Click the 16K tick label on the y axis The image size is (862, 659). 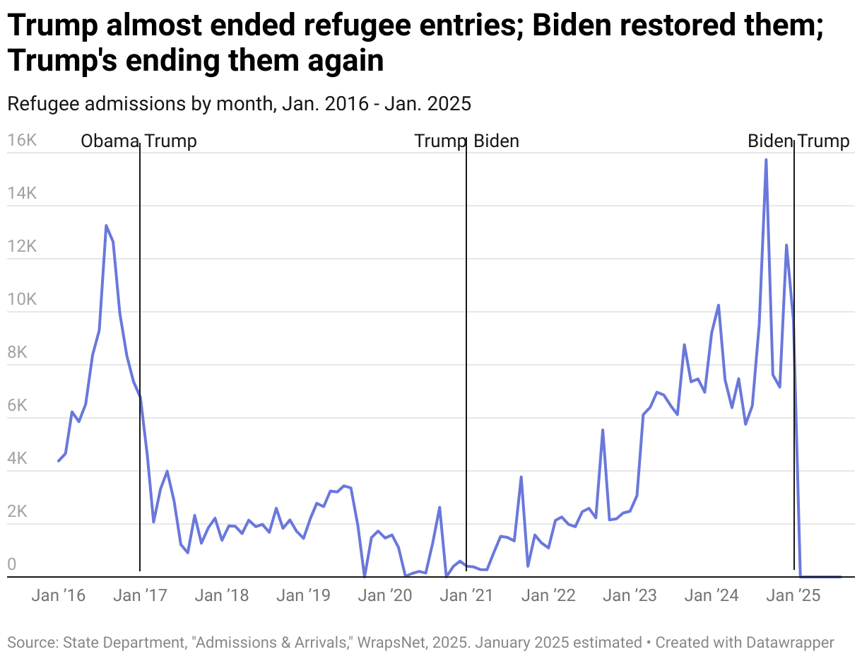[x=21, y=141]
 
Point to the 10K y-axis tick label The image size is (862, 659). [x=21, y=300]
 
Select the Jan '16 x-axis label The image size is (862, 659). [x=58, y=595]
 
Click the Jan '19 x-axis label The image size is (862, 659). [x=303, y=595]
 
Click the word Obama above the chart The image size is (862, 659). [x=109, y=141]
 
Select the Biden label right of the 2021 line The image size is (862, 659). [x=496, y=141]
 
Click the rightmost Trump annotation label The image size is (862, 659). [x=824, y=141]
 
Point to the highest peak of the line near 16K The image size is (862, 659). [x=766, y=160]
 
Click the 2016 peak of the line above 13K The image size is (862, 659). [x=106, y=226]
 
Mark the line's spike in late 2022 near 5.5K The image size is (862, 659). [x=603, y=430]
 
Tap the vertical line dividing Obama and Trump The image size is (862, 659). [x=140, y=354]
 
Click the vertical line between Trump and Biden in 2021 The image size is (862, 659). [x=466, y=354]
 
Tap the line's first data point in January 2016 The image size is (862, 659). [x=59, y=461]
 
